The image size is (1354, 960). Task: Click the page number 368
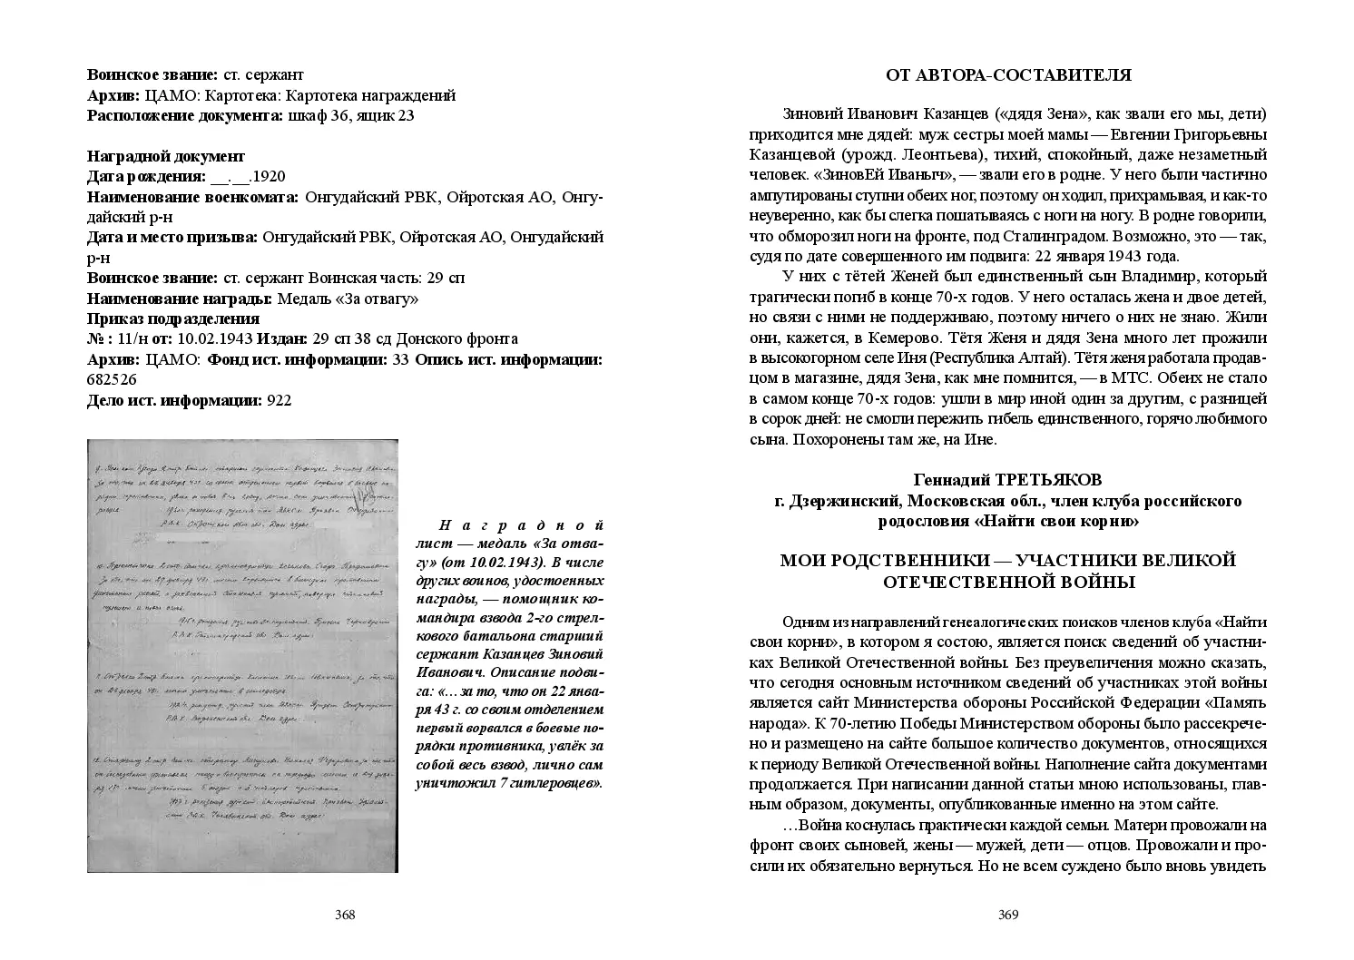345,915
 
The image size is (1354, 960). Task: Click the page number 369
1008,915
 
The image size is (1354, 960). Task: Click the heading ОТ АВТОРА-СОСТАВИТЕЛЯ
1008,75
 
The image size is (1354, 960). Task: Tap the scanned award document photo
242,655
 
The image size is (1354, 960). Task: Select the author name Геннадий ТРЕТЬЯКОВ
1008,480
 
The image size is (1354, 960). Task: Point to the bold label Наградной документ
166,156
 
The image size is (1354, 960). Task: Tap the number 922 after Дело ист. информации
279,399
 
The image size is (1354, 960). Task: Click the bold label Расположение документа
185,115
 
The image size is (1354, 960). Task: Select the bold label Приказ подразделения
173,318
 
